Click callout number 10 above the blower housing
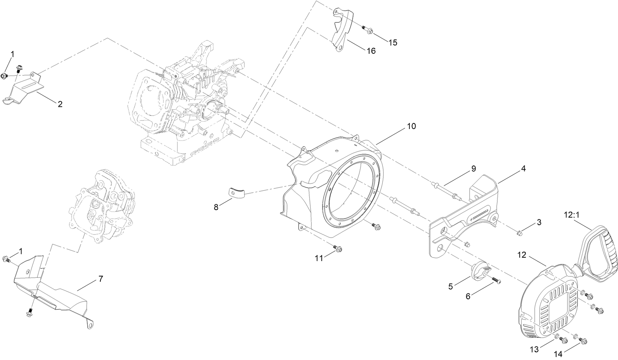411,126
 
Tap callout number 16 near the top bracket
371,51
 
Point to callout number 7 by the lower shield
100,279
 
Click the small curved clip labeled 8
237,193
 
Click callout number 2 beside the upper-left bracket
60,104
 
